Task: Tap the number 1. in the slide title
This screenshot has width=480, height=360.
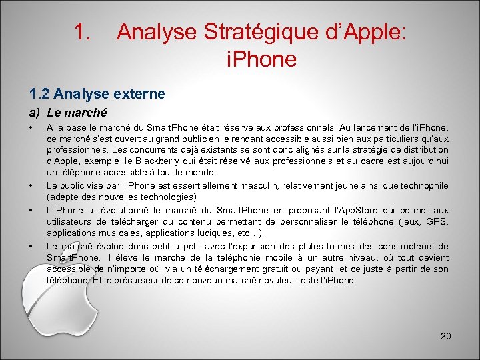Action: click(x=83, y=32)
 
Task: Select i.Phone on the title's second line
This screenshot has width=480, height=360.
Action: click(x=261, y=60)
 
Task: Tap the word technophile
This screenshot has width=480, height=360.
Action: click(x=421, y=187)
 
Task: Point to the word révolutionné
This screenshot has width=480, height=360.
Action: click(x=109, y=211)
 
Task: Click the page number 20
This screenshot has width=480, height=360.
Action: click(x=445, y=336)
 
